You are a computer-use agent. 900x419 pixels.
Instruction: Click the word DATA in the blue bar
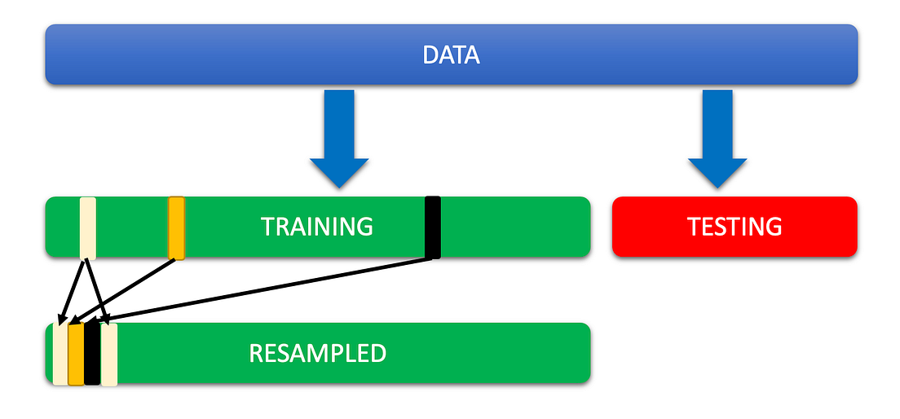tap(451, 55)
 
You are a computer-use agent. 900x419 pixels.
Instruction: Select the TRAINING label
tap(316, 227)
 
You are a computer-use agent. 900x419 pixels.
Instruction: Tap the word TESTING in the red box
tap(735, 227)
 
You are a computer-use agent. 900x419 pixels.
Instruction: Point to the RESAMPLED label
tap(316, 354)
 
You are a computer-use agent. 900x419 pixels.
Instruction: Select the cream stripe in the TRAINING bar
tap(88, 227)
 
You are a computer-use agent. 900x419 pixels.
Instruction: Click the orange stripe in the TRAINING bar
tap(176, 227)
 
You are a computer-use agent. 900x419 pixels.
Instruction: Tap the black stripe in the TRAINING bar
tap(433, 227)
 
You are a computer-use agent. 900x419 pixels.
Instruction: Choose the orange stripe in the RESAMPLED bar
tap(76, 354)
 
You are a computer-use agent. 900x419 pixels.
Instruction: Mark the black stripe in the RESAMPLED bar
tap(92, 354)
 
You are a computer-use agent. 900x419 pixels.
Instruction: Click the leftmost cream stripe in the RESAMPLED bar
tap(60, 354)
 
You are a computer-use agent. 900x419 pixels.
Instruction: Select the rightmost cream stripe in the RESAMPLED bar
tap(109, 354)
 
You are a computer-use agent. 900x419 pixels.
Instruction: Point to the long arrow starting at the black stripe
tap(269, 289)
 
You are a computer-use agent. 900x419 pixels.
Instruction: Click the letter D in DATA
tap(430, 55)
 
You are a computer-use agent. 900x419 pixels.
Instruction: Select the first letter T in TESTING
tap(694, 227)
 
